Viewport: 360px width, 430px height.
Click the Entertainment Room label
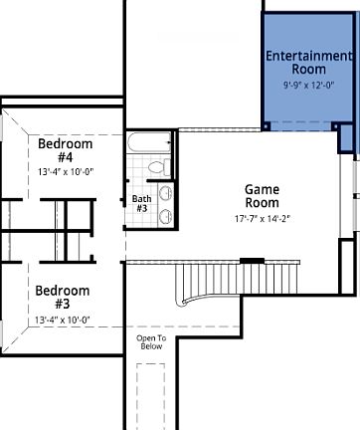point(308,63)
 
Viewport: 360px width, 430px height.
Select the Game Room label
point(262,196)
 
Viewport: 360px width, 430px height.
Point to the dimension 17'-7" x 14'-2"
point(262,218)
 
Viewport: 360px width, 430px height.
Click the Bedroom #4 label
point(65,151)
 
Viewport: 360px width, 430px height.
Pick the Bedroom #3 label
point(63,298)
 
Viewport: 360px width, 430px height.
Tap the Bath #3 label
point(140,204)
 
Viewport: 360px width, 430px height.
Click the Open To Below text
point(149,343)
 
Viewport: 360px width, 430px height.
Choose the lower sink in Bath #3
point(166,215)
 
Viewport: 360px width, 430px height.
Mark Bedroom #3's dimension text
point(63,320)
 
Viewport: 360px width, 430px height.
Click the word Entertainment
point(308,56)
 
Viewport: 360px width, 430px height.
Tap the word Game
point(262,189)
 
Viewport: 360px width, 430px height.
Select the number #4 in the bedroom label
point(65,158)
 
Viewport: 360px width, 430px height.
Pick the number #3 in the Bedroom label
point(63,305)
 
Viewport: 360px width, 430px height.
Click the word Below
point(149,347)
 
